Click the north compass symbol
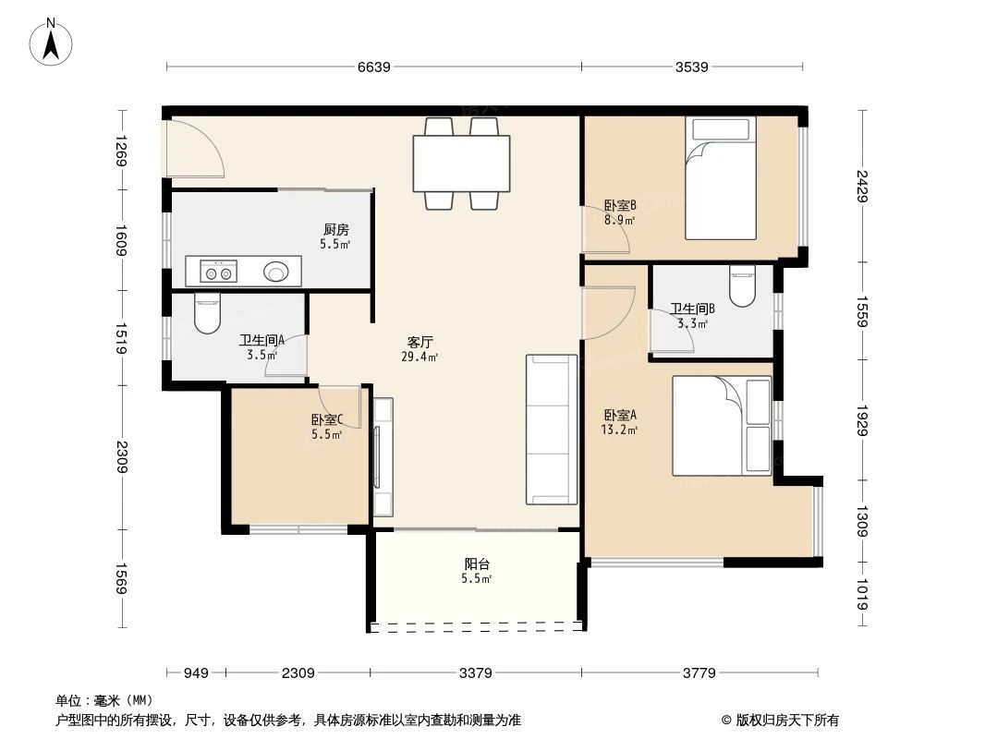(x=52, y=42)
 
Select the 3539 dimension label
(x=691, y=67)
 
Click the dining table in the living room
(x=461, y=164)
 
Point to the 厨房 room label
(x=335, y=230)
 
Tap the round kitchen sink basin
(x=276, y=272)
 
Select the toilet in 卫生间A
(x=208, y=313)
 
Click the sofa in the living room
(x=552, y=430)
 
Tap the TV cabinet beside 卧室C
(x=383, y=456)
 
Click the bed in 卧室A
(x=721, y=425)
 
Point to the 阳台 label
(x=476, y=564)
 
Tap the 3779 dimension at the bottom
(x=699, y=672)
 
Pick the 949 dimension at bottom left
(x=195, y=672)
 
